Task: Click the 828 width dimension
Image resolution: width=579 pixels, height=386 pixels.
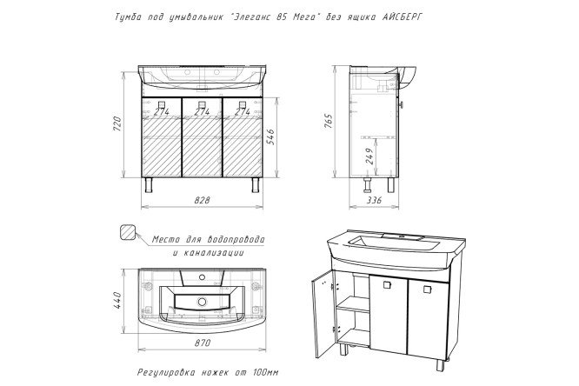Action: pyautogui.click(x=202, y=200)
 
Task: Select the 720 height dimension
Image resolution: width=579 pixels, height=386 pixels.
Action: pyautogui.click(x=116, y=124)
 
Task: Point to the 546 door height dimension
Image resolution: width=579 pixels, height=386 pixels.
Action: pyautogui.click(x=270, y=136)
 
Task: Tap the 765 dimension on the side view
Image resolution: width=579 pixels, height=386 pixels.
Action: pyautogui.click(x=329, y=121)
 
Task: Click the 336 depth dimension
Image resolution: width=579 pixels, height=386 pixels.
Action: pyautogui.click(x=375, y=200)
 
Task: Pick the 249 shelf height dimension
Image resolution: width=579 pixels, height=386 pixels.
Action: pyautogui.click(x=370, y=156)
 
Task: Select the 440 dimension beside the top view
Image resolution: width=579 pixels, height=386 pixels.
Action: pyautogui.click(x=116, y=300)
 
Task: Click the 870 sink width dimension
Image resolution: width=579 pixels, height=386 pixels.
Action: pyautogui.click(x=202, y=343)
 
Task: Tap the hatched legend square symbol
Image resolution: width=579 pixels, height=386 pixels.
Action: pyautogui.click(x=128, y=232)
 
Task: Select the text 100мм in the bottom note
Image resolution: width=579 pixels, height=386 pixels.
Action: pyautogui.click(x=266, y=371)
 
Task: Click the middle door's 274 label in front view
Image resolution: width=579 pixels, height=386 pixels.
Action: pyautogui.click(x=202, y=111)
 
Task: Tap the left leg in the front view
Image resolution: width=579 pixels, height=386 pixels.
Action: pyautogui.click(x=149, y=184)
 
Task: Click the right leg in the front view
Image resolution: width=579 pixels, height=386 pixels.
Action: pyautogui.click(x=256, y=184)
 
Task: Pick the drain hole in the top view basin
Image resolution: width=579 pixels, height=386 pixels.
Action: pyautogui.click(x=202, y=302)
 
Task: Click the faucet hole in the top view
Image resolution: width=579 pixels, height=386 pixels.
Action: pyautogui.click(x=202, y=276)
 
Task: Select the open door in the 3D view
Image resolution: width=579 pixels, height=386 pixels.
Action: pyautogui.click(x=322, y=314)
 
